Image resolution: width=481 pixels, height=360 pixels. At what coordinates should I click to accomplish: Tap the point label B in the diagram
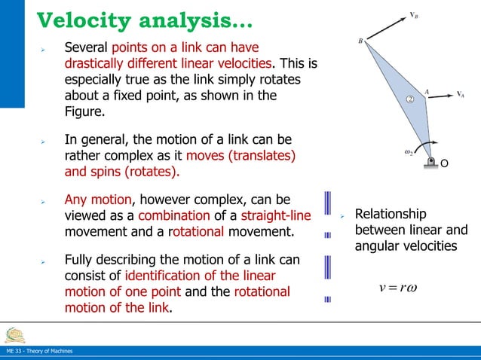coord(360,40)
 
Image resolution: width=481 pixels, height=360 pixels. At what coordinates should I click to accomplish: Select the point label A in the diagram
coord(427,93)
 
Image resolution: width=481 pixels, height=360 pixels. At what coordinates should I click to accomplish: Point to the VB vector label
coord(415,14)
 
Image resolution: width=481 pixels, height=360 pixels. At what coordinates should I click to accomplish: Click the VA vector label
coord(459,94)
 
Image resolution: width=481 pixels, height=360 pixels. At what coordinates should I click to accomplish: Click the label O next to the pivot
coord(445,163)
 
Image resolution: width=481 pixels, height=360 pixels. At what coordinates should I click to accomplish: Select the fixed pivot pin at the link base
coord(431,162)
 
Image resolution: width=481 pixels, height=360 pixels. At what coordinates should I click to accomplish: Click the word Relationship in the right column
coord(391,214)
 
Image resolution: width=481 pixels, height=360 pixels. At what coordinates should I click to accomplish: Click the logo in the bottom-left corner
coord(14,334)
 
